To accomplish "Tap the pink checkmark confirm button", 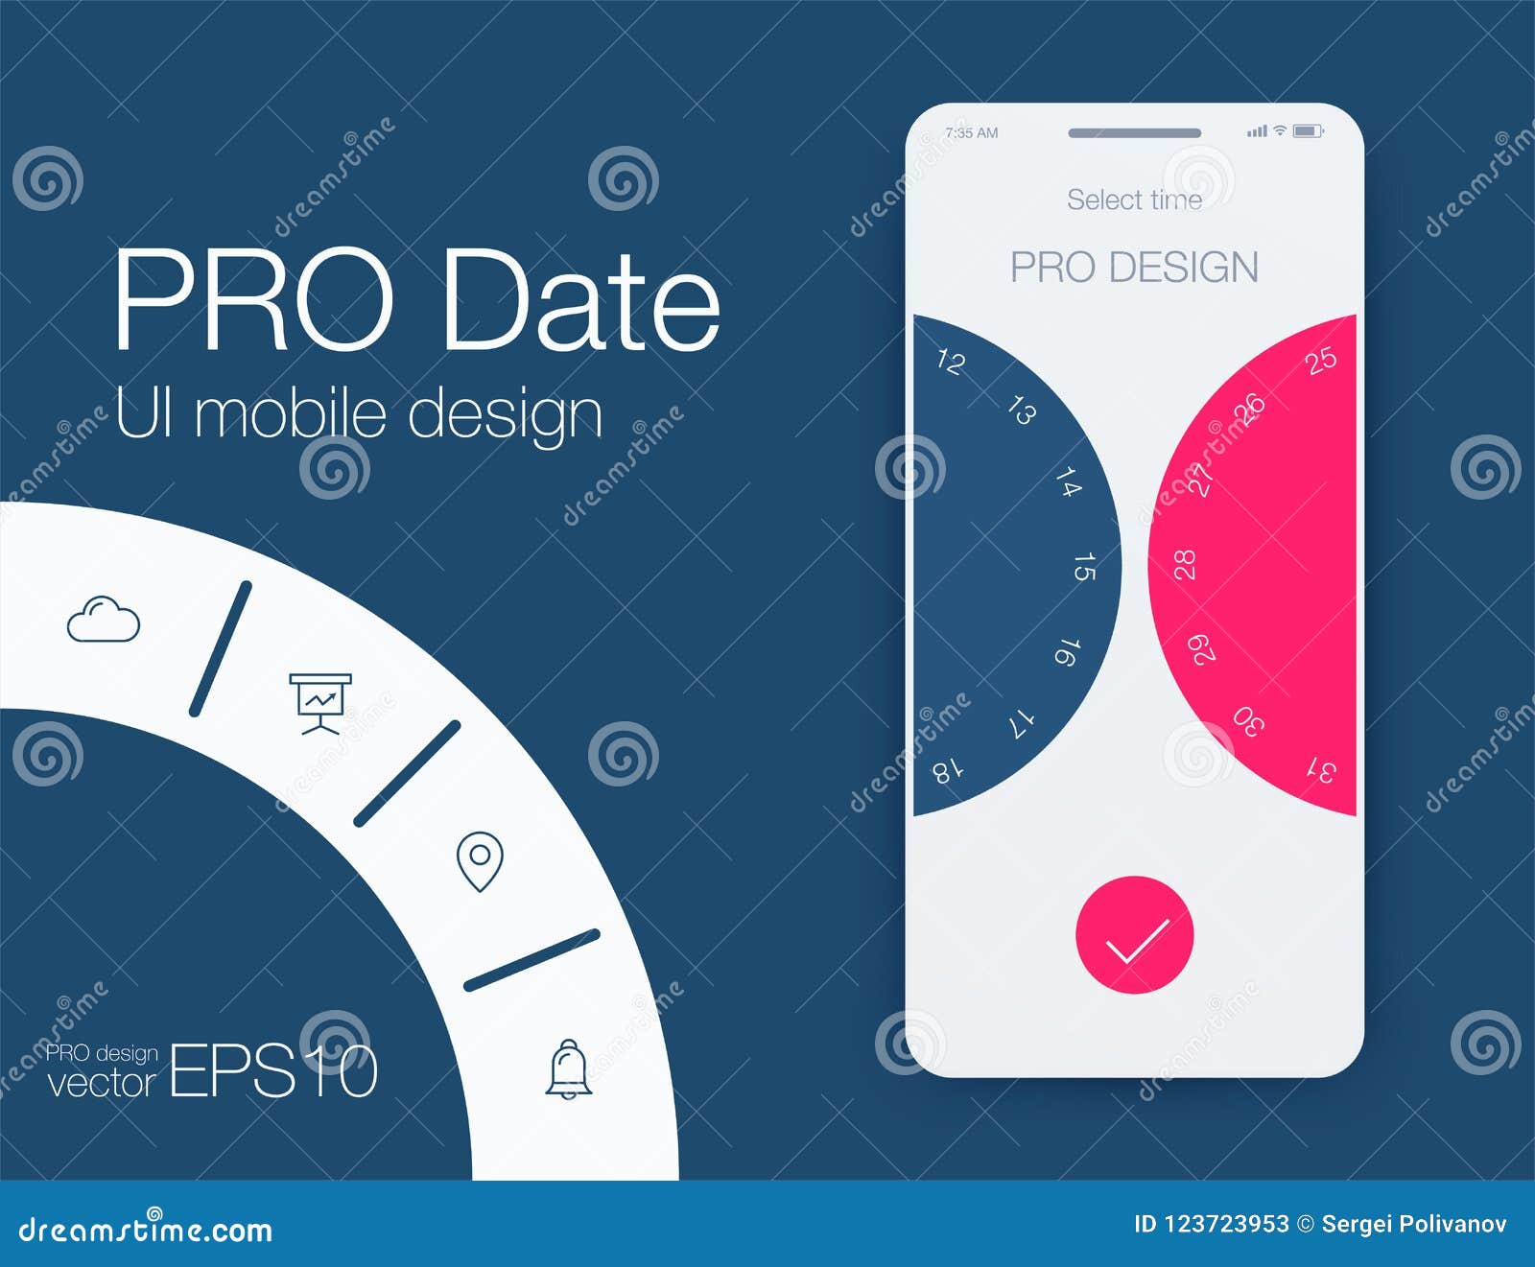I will click(1134, 934).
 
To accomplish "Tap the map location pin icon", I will click(480, 860).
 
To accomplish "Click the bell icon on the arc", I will click(569, 1068).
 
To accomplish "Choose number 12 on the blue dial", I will click(950, 362).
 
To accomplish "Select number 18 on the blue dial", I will click(948, 769).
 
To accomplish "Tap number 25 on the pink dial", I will click(1321, 361).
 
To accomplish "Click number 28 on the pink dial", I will click(1186, 565).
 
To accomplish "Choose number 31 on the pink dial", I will click(1322, 769).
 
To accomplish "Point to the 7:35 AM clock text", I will click(972, 132).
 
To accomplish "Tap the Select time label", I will click(1134, 199).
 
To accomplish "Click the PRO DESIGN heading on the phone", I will click(1134, 267).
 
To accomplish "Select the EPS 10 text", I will click(273, 1070).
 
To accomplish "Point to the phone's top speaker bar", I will click(1134, 132).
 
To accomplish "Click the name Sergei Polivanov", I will click(1413, 1224).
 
